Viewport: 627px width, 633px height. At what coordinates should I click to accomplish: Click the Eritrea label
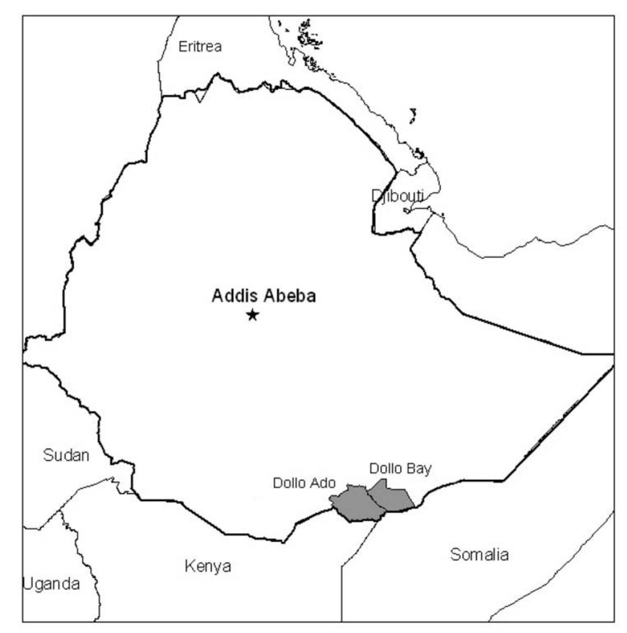200,47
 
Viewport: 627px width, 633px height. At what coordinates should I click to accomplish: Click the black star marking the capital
252,315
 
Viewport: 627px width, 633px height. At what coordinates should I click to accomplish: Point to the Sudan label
66,456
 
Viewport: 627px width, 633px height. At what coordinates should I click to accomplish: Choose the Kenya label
208,566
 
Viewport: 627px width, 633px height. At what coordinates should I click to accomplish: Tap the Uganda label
51,583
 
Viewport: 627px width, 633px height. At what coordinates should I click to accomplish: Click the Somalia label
479,554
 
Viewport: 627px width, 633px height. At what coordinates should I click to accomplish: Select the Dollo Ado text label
304,483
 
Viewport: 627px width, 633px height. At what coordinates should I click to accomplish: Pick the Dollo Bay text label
400,469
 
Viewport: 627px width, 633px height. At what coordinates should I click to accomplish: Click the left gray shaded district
353,503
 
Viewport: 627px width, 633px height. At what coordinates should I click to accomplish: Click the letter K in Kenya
189,566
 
